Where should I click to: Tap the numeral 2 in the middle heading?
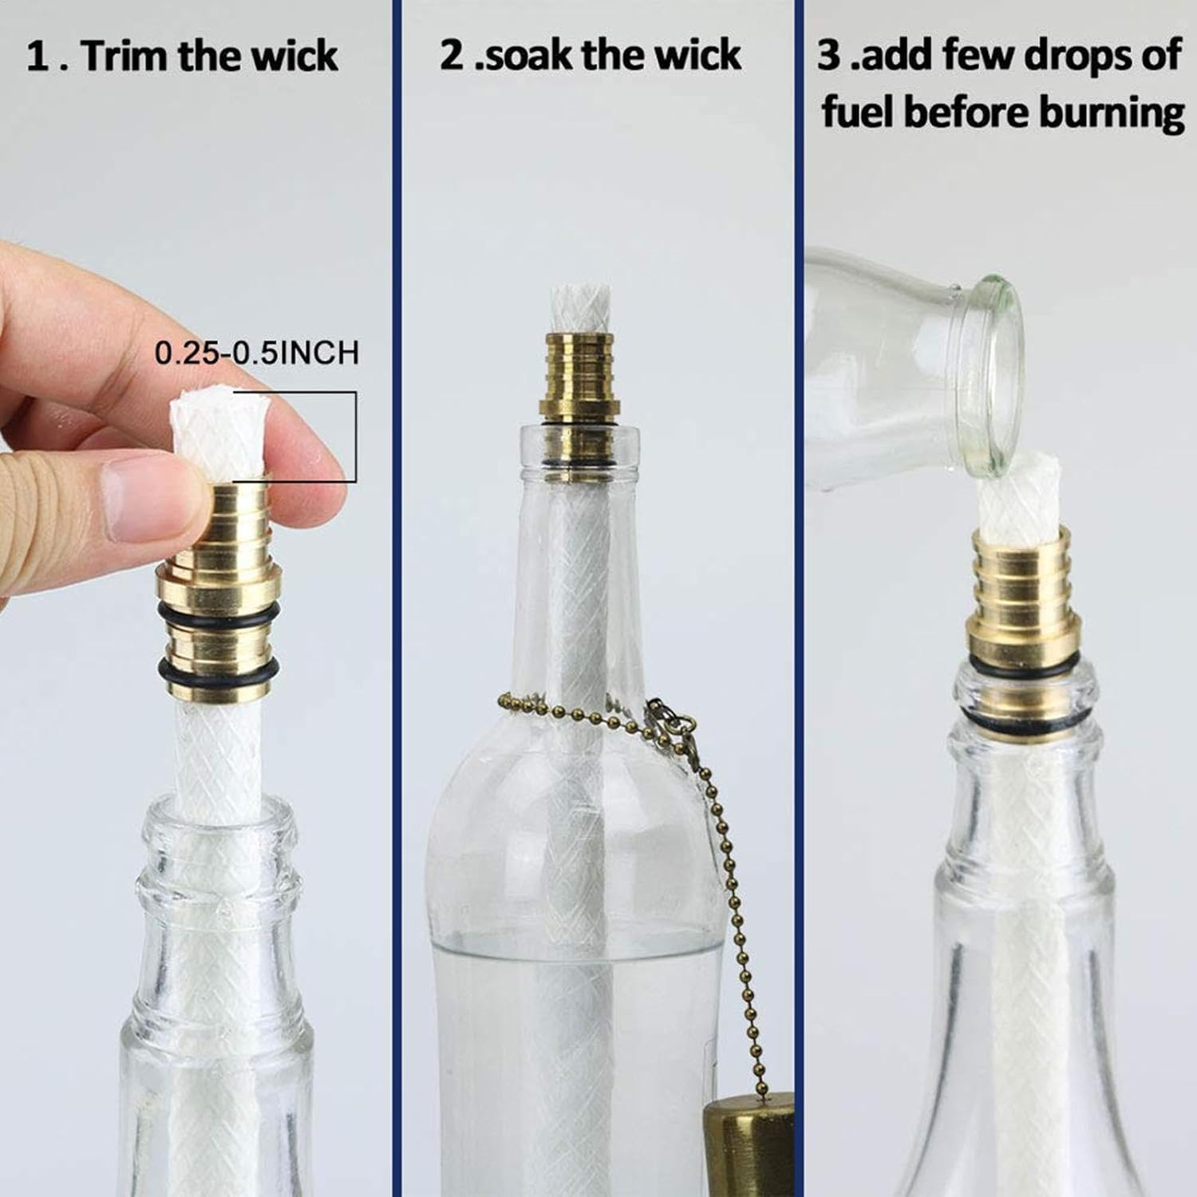click(452, 55)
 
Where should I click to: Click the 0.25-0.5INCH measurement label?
click(256, 352)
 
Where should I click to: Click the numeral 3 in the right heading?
click(830, 55)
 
